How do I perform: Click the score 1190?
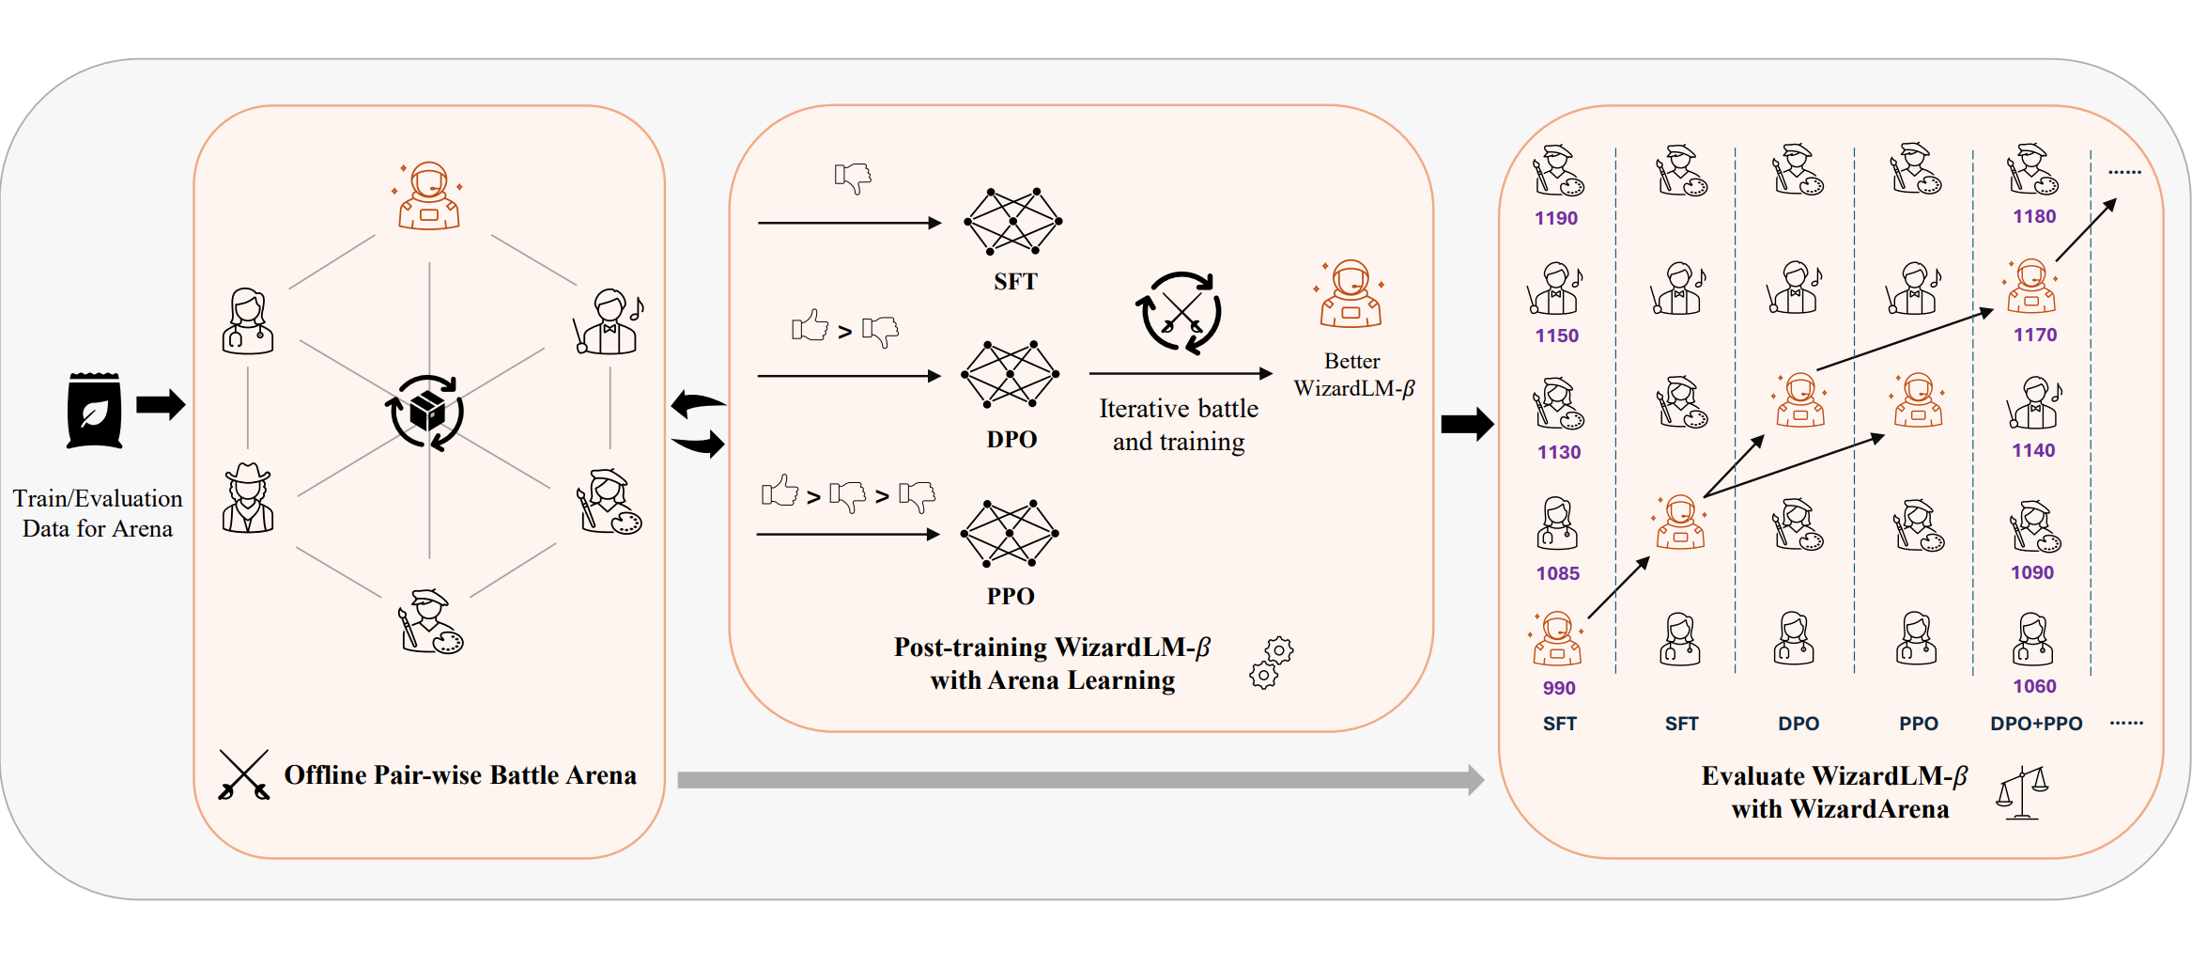[1555, 218]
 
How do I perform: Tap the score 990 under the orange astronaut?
[1558, 688]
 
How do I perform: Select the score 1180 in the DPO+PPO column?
[2033, 216]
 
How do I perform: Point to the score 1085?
[1557, 573]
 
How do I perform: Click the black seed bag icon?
[94, 411]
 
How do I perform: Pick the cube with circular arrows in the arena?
[427, 413]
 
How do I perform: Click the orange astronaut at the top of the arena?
[429, 196]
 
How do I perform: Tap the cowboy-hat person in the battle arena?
[248, 499]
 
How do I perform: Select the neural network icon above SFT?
[1012, 222]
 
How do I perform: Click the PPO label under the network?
[1011, 596]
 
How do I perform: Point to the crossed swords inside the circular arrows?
[1180, 312]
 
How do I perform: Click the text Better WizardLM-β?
[1352, 375]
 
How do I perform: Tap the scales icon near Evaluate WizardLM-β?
[2021, 793]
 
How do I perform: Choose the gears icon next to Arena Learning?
[1271, 663]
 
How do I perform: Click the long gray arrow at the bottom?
[1080, 779]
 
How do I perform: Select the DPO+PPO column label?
[2035, 724]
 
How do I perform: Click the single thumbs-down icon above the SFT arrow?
[853, 177]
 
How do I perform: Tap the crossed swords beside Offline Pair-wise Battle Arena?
[244, 775]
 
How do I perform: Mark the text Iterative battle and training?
[1179, 425]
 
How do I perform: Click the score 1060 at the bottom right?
[2033, 686]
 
